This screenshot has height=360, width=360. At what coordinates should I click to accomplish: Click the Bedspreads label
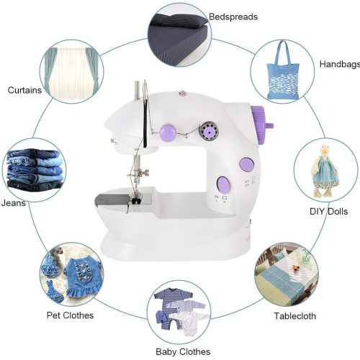click(233, 17)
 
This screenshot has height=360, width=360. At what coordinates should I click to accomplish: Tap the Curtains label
click(24, 90)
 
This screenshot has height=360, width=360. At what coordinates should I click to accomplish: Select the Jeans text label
click(14, 203)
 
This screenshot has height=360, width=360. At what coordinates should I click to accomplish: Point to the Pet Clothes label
click(70, 315)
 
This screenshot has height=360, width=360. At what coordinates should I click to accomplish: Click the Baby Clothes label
click(183, 352)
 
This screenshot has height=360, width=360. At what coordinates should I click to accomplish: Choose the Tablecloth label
click(295, 316)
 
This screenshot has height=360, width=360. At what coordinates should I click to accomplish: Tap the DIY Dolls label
click(328, 212)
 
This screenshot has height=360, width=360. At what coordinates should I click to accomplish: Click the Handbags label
click(340, 64)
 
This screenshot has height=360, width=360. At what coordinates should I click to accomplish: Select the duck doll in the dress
click(325, 171)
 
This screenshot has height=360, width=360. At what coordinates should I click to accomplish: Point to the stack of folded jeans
click(35, 170)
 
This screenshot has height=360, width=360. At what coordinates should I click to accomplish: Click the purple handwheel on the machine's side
click(261, 125)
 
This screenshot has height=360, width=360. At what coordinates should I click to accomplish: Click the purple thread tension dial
click(168, 132)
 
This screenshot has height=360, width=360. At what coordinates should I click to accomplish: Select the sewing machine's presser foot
click(135, 200)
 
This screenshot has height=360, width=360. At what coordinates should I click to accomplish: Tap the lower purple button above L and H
click(223, 185)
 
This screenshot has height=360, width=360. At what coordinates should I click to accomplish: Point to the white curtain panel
click(71, 73)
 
